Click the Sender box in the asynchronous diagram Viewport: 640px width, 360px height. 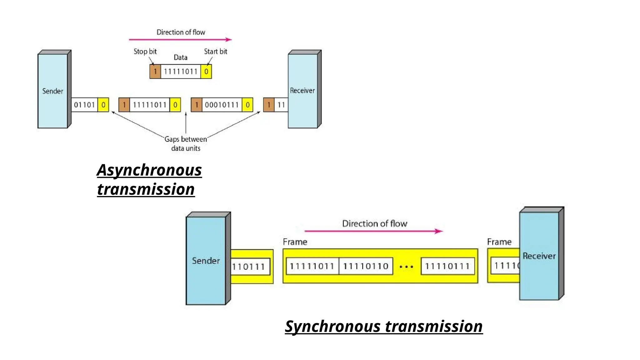52,91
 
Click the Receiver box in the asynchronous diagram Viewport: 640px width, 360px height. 302,91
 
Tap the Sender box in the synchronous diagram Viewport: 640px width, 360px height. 206,261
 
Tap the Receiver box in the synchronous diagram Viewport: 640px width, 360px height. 539,256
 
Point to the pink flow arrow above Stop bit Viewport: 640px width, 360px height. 180,40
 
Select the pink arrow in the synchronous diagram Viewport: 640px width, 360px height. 373,231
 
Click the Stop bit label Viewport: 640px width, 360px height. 145,52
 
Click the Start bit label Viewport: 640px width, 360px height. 215,52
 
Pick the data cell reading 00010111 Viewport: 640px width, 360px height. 222,105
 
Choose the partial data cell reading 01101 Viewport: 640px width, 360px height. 84,105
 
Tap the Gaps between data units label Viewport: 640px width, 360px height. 186,144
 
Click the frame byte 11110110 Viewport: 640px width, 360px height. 366,266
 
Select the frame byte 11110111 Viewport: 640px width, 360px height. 447,266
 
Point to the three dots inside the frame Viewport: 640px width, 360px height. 407,267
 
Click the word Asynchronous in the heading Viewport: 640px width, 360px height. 149,170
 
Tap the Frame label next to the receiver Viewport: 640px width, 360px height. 499,242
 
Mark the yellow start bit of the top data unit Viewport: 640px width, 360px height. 206,72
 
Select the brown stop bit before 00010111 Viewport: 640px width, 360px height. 196,105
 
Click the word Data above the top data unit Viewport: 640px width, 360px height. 180,57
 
